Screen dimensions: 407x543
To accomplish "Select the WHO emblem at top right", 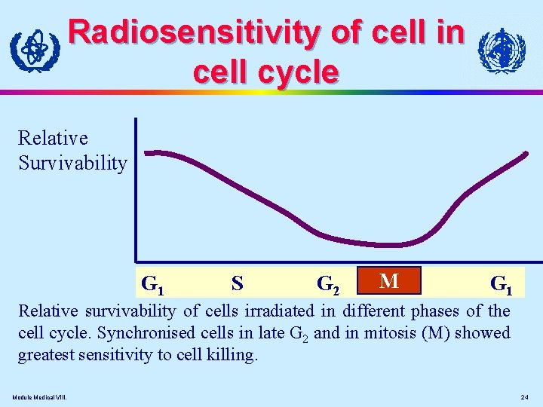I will [502, 51].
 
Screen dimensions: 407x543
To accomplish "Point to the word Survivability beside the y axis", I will [72, 163].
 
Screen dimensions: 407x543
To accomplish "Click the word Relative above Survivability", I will [53, 138].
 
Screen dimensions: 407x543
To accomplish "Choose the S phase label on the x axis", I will [237, 283].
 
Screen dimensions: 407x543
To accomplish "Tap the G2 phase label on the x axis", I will [328, 284].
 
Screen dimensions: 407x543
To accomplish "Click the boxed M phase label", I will [389, 281].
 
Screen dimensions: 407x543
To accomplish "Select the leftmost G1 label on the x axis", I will [153, 285].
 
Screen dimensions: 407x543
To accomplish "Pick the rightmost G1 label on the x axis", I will [502, 284].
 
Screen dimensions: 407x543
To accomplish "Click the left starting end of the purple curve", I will [146, 152].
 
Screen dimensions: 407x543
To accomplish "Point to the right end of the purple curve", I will [526, 153].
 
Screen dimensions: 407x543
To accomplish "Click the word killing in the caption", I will [232, 354].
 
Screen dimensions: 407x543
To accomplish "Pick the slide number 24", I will [525, 397].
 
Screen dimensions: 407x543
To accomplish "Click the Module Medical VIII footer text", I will [39, 397].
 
